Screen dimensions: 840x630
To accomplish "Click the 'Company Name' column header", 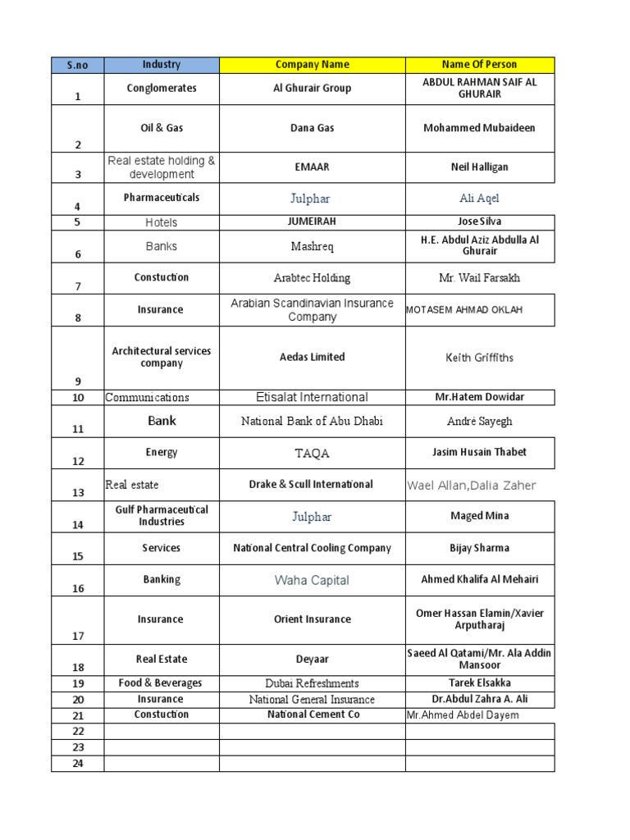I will coord(312,65).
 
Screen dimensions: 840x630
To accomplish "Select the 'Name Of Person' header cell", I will coord(479,65).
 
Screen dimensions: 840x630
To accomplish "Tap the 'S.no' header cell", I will coord(77,65).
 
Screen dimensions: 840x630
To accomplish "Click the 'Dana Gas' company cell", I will coord(312,128).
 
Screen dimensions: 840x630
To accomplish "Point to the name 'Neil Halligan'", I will coord(479,167).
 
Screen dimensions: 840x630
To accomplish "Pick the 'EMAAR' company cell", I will coord(312,167).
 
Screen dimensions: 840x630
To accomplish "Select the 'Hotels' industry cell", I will coord(161,222).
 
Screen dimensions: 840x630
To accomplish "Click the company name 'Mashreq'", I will coord(312,246).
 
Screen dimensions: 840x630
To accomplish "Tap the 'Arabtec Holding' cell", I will coord(312,278).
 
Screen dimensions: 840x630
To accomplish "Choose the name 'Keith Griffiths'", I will coord(479,358).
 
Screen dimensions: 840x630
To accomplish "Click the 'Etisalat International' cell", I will coord(312,398).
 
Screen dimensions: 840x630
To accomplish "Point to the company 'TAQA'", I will coord(312,454).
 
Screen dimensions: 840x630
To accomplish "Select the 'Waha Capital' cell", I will coord(312,581).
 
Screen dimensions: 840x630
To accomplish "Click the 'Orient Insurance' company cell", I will coord(312,619).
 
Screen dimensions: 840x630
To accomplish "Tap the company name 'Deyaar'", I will coord(312,659).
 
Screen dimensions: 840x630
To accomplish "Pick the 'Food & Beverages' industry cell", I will coord(161,683).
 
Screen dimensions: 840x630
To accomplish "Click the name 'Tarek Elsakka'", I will coord(479,683).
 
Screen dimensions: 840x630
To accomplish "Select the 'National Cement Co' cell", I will coord(312,714).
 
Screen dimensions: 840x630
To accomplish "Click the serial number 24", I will coord(78,763).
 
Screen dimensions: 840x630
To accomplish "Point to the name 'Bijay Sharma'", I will coord(479,548).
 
